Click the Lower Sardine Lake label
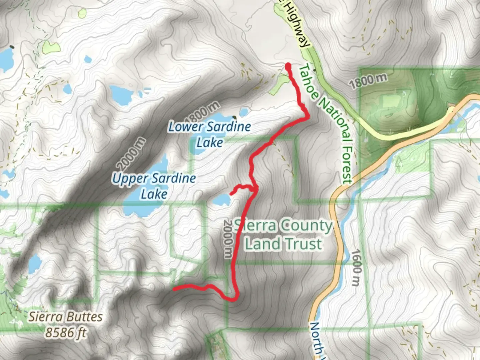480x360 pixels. [209, 134]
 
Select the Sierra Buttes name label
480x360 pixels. [65, 316]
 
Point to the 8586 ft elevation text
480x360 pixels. [66, 332]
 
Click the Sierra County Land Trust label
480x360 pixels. [283, 235]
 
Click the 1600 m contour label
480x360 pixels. [356, 268]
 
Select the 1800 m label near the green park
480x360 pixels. [368, 81]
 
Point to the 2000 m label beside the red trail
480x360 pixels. [228, 238]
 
